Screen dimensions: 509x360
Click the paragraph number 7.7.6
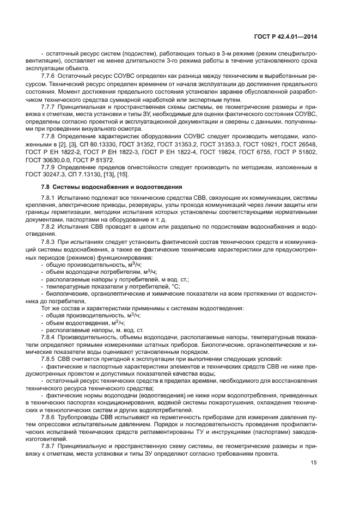point(52,76)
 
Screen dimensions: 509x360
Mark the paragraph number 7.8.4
point(52,337)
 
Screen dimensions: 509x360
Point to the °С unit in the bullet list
point(175,286)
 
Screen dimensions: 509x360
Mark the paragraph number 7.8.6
point(52,416)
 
